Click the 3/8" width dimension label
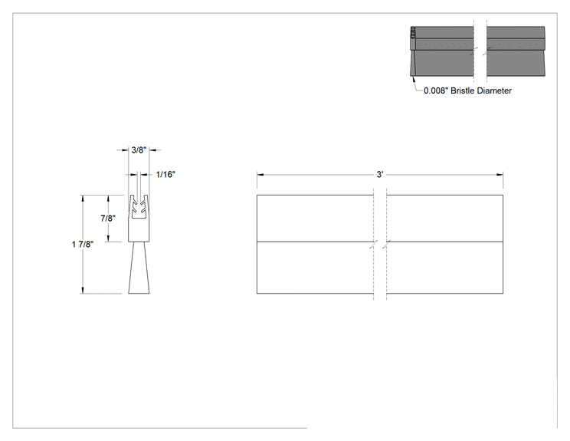pos(139,150)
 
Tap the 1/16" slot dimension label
pos(165,175)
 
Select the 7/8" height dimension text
pos(108,219)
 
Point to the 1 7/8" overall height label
pos(83,244)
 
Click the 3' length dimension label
pos(380,175)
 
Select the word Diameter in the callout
pos(494,91)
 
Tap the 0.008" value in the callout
pos(436,91)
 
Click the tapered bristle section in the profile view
pos(139,268)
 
